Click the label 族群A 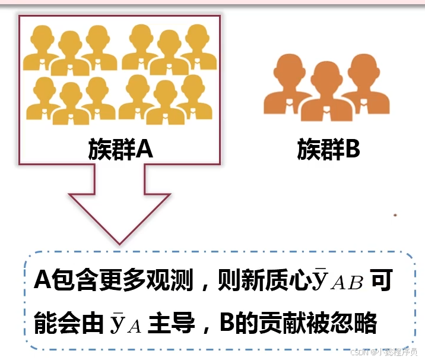click(x=120, y=149)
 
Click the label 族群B click(x=328, y=149)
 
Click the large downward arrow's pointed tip click(x=119, y=242)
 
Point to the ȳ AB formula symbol click(x=337, y=279)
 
